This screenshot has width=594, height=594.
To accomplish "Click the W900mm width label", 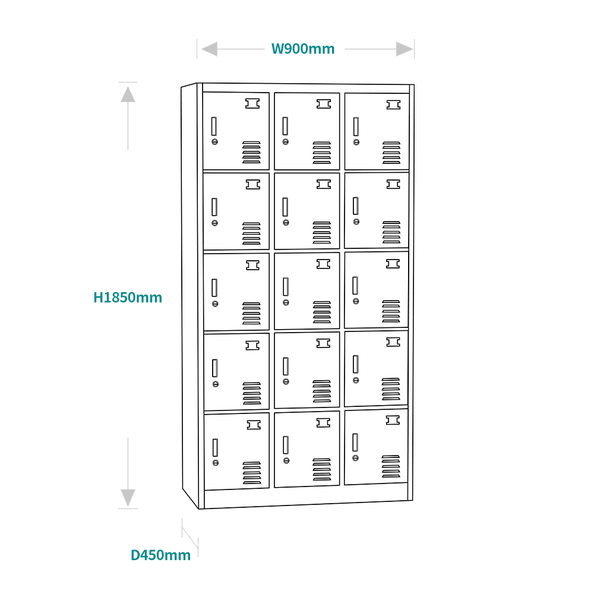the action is tap(303, 49).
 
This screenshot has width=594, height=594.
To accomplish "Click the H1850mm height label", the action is tap(128, 298).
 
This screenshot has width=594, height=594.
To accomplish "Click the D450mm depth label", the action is tap(160, 555).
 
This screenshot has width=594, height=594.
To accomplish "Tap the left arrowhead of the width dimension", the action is tap(210, 49).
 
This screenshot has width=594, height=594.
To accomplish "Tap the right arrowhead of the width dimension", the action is tap(404, 49).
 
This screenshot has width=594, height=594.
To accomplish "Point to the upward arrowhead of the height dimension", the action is tap(128, 94).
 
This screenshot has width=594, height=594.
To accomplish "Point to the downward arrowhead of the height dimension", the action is tap(128, 498).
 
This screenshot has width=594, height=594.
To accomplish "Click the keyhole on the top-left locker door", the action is tap(215, 142).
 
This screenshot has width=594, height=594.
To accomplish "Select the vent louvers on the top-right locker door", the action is tap(391, 153).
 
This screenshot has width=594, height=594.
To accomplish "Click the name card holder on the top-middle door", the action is tap(324, 104).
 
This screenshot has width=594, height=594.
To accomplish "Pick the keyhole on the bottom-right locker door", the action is tap(355, 458).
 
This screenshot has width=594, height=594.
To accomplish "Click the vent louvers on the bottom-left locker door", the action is tap(252, 473).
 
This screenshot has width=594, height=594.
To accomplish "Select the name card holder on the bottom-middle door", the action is tap(323, 422).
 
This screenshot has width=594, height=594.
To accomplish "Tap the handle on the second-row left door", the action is tap(214, 207).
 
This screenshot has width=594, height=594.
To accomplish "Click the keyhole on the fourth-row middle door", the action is tap(286, 381).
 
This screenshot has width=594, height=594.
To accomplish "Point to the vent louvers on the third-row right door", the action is tap(391, 311).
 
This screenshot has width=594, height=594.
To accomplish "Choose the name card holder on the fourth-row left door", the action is tap(252, 346).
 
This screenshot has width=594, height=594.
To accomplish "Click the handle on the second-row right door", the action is tap(356, 206).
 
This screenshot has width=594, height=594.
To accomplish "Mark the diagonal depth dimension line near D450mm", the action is tap(190, 538).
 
